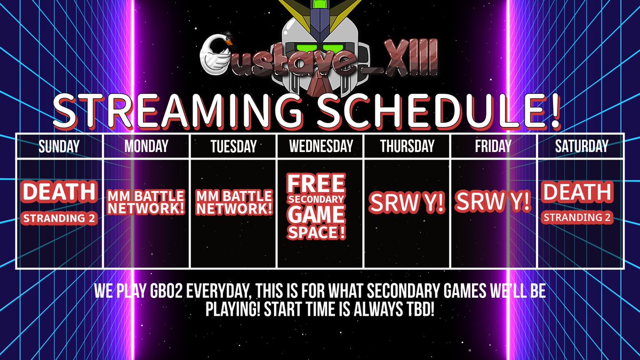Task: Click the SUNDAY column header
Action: coord(59,146)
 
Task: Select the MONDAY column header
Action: coord(146,146)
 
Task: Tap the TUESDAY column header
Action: coord(234,146)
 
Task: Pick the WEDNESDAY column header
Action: coord(321,146)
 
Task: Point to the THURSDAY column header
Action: coord(407,146)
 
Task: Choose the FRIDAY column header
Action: coord(494,146)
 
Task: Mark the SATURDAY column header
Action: coord(581,146)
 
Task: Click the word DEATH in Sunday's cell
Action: coord(59,193)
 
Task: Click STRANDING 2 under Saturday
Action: coord(577,218)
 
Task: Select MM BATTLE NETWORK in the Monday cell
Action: coord(146,202)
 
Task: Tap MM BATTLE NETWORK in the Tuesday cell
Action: coord(234,202)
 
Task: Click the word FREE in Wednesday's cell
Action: coord(316,184)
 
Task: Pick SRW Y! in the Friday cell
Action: coord(493,202)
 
